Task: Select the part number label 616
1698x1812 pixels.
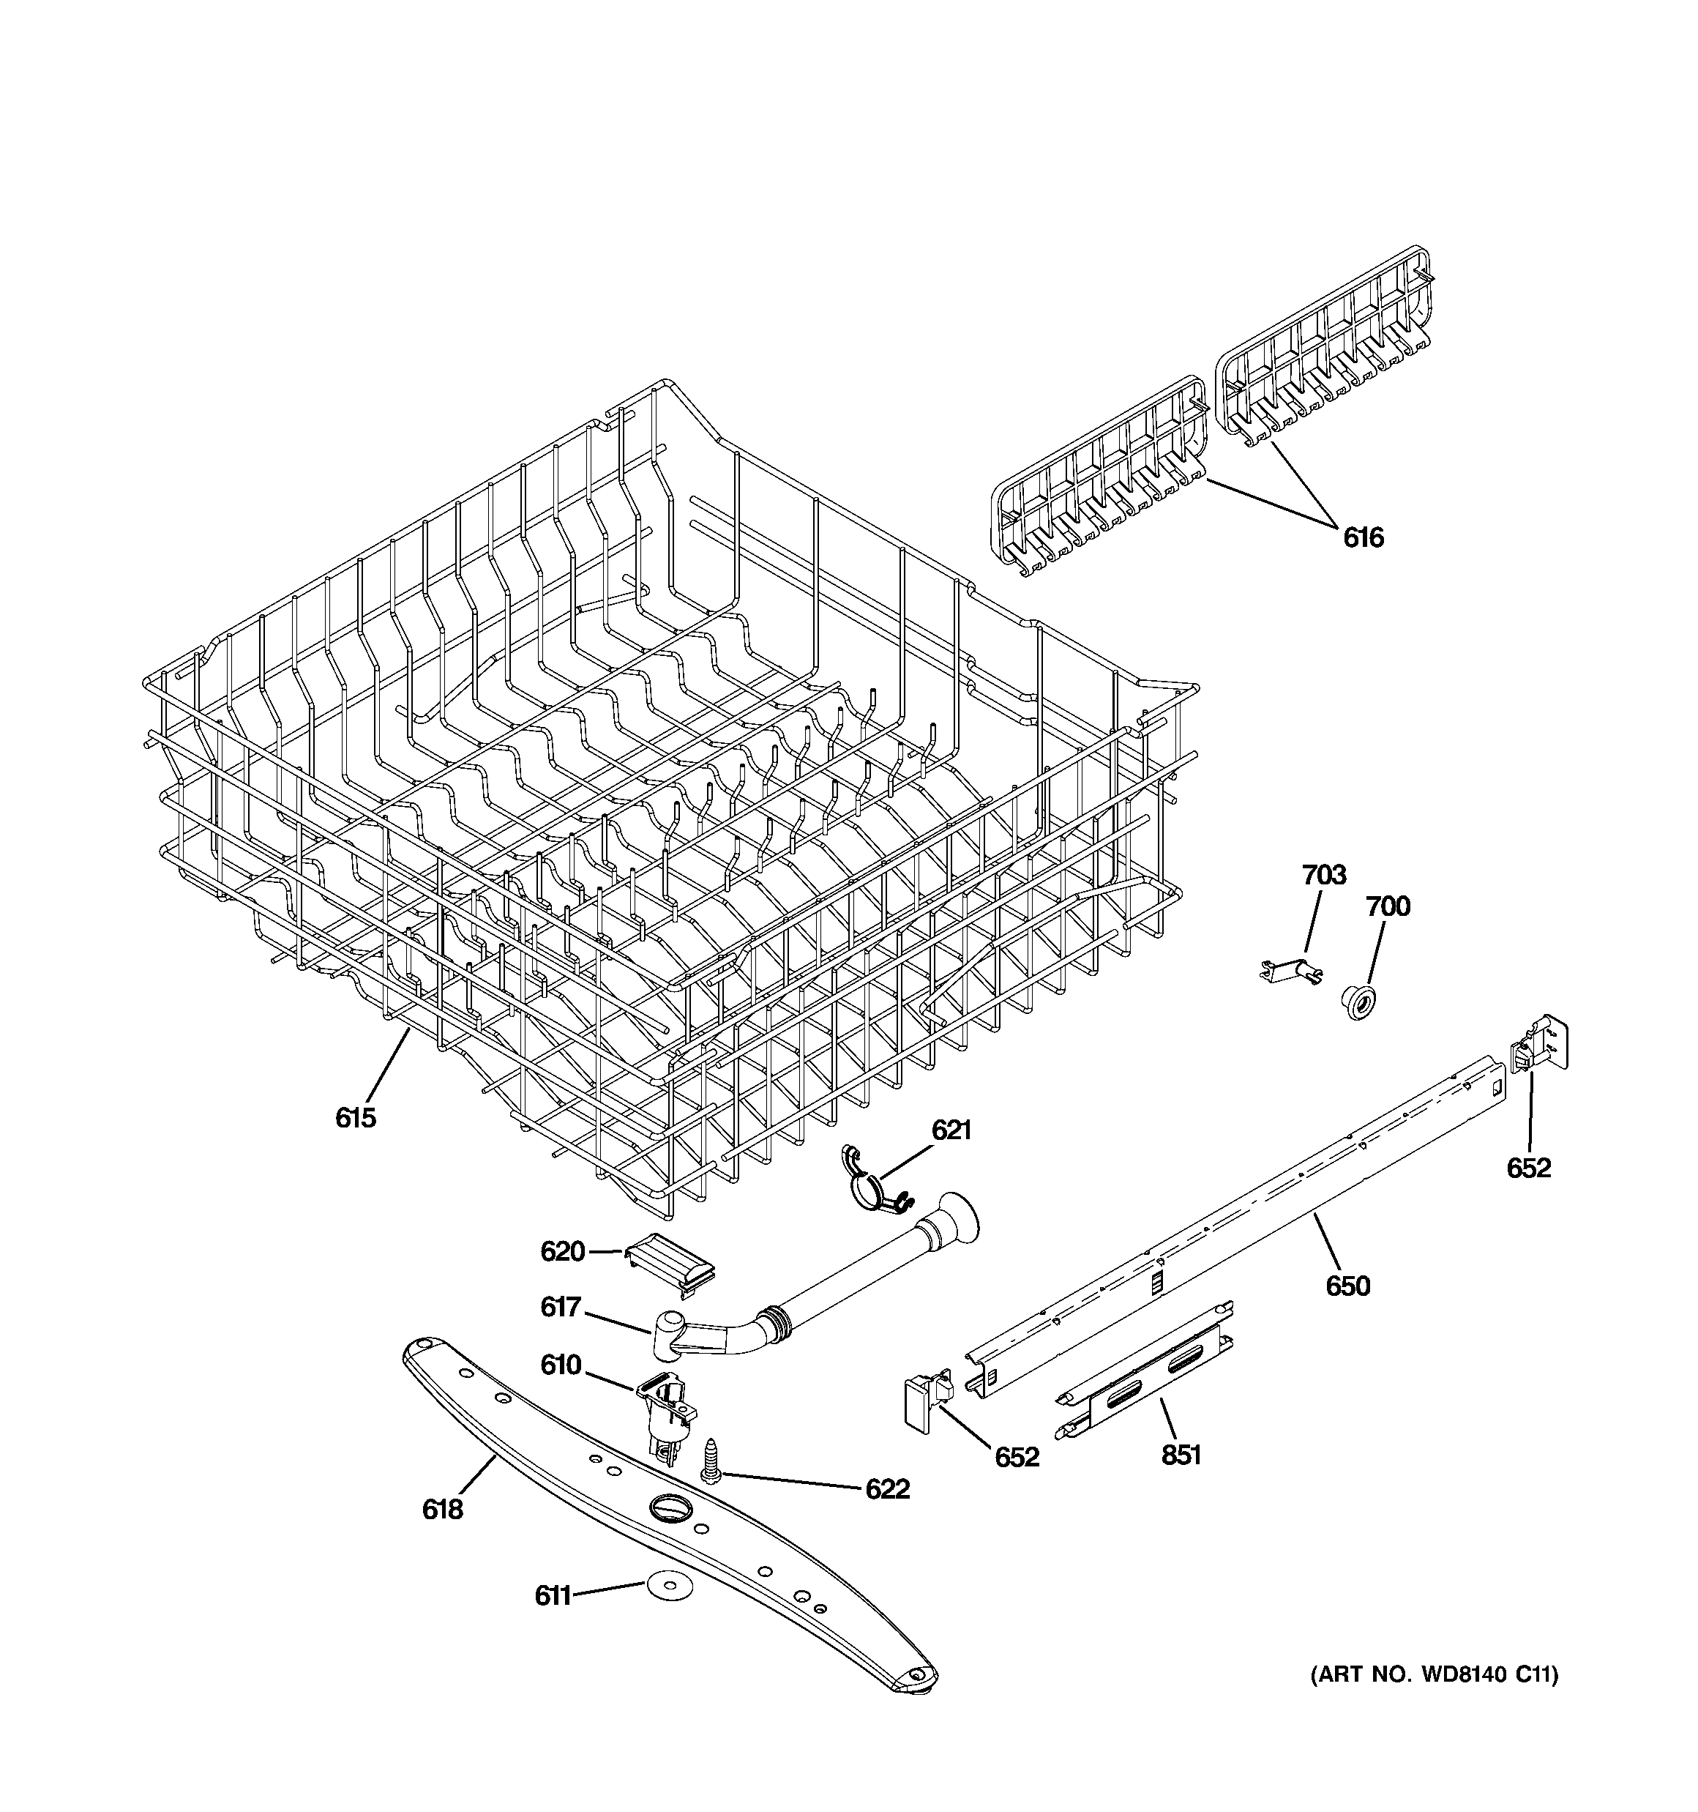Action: [x=1363, y=538]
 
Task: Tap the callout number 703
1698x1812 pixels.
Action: [x=1323, y=875]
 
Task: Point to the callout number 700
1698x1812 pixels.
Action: [x=1387, y=906]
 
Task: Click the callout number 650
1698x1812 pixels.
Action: [x=1347, y=1286]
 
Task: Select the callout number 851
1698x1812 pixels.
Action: [x=1181, y=1455]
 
